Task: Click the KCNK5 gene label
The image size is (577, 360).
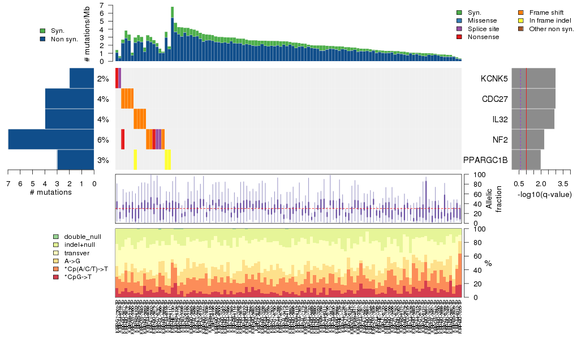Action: click(494, 78)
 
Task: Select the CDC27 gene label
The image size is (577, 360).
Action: click(494, 99)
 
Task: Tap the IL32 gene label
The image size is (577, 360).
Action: click(498, 119)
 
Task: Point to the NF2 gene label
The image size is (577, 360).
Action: click(500, 140)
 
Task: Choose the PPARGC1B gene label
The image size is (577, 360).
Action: click(485, 160)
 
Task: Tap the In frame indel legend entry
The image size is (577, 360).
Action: click(546, 20)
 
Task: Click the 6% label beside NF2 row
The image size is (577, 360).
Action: click(103, 140)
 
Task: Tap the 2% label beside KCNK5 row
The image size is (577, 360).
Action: click(103, 79)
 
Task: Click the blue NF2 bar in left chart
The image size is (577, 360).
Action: click(51, 140)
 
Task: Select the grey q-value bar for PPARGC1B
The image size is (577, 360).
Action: click(526, 160)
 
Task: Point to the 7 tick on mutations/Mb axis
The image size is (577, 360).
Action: click(102, 5)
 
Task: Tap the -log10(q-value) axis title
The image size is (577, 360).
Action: click(545, 194)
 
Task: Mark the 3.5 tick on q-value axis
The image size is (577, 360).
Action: click(563, 184)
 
